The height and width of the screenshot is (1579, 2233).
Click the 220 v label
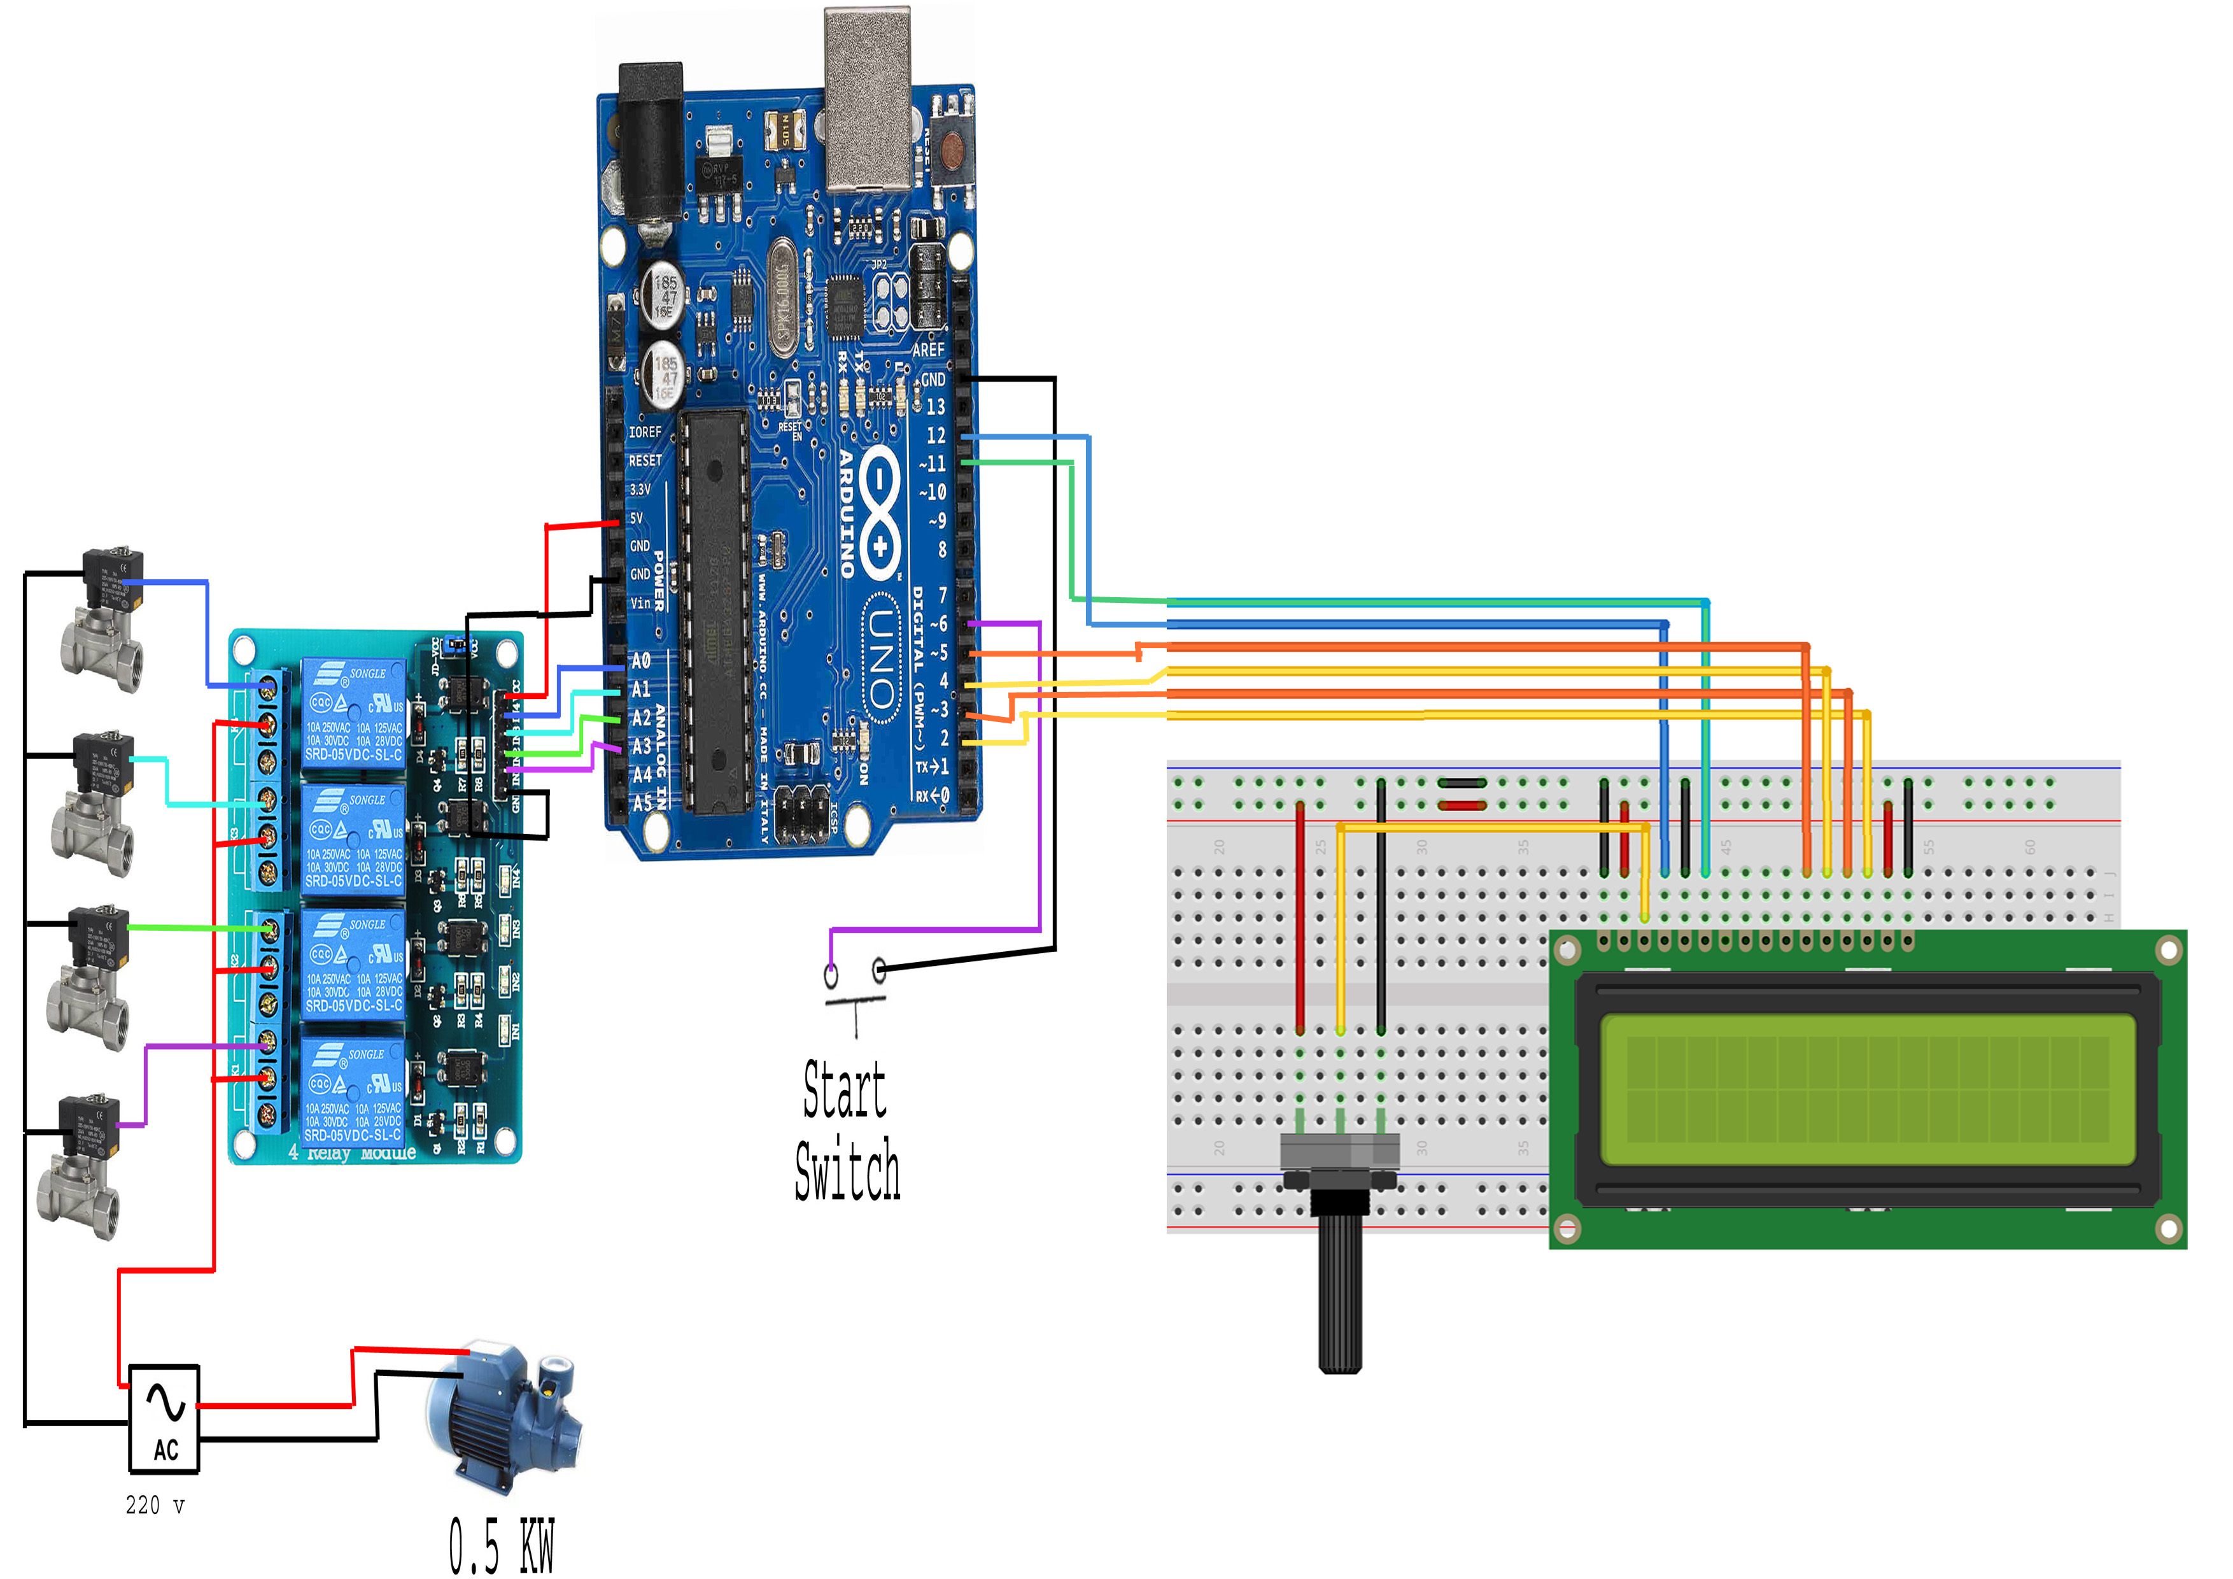pyautogui.click(x=155, y=1505)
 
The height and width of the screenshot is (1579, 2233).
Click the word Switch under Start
pyautogui.click(x=847, y=1170)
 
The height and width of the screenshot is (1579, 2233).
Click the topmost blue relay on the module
pyautogui.click(x=352, y=713)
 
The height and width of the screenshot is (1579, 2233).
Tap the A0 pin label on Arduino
pyautogui.click(x=641, y=661)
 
